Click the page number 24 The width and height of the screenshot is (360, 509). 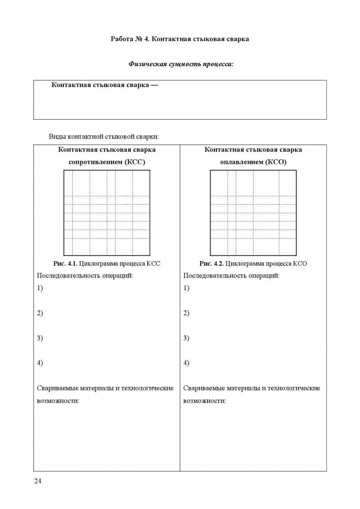tap(37, 482)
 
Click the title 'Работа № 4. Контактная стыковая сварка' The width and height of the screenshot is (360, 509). tap(180, 39)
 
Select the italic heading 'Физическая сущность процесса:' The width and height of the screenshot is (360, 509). tap(180, 65)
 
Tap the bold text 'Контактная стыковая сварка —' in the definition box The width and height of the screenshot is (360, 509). tap(105, 85)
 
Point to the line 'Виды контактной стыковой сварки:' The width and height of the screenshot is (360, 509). tap(104, 136)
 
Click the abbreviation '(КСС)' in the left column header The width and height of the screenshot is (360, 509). tap(135, 162)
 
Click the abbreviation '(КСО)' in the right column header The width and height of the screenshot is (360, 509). tap(276, 162)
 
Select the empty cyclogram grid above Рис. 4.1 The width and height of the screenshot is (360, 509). tap(106, 213)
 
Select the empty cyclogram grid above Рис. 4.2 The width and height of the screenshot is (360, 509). tap(253, 213)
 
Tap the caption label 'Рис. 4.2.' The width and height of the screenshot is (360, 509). tap(211, 264)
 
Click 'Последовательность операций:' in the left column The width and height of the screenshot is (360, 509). tap(85, 275)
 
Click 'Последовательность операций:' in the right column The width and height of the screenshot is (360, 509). tap(231, 275)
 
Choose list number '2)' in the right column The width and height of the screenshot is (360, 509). tap(186, 313)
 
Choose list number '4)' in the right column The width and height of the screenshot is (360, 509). tap(186, 363)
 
